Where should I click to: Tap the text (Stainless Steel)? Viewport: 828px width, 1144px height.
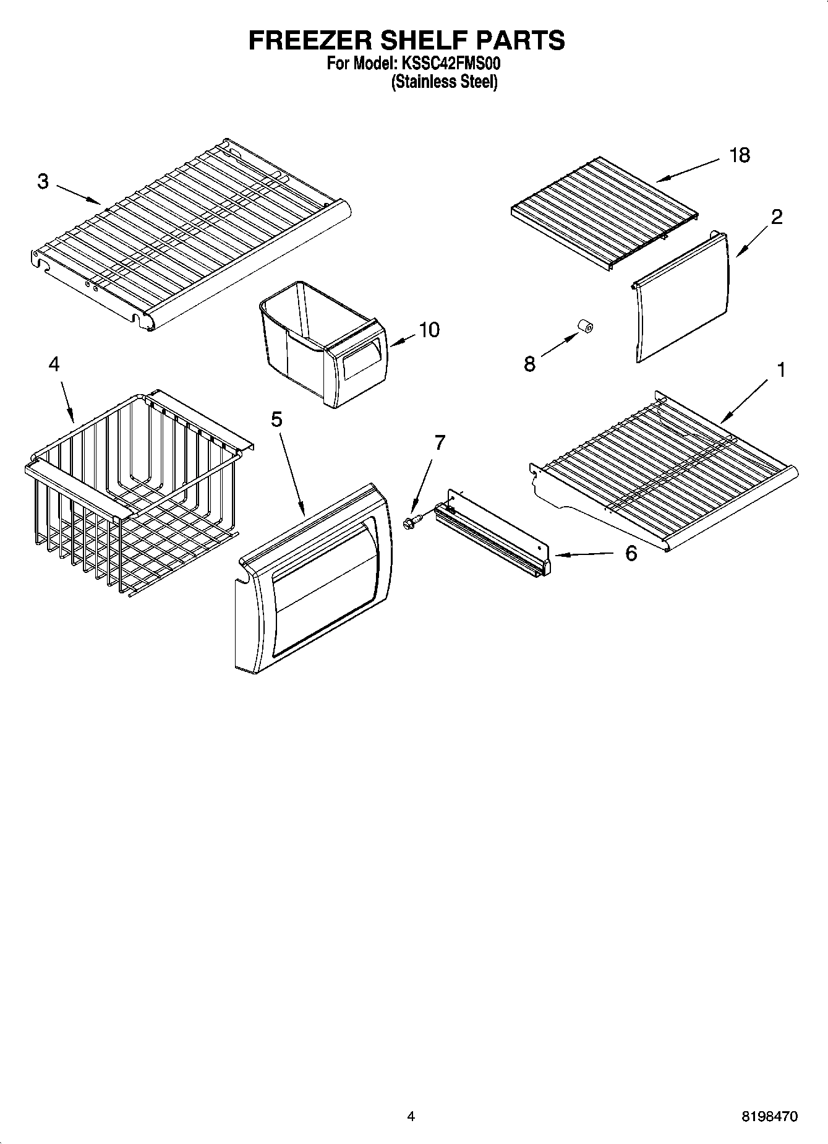tap(444, 82)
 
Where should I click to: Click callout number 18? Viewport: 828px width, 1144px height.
tap(739, 155)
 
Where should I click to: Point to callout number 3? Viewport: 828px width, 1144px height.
tap(43, 181)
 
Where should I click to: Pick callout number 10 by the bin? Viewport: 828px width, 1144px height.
tap(429, 330)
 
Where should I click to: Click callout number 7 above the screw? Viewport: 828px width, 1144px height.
tap(440, 442)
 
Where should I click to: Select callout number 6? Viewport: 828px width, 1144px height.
tap(630, 553)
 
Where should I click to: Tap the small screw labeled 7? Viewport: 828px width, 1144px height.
tap(409, 523)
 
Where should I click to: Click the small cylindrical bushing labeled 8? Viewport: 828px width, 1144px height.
tap(585, 327)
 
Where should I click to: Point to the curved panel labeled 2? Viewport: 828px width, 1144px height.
tap(680, 297)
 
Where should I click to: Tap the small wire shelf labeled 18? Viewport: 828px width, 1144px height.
tap(603, 210)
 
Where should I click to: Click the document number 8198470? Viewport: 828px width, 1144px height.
tap(769, 1116)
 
